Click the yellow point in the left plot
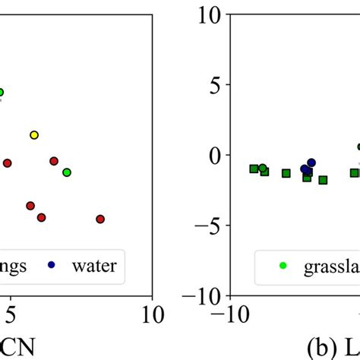point(34,134)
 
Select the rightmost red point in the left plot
point(100,219)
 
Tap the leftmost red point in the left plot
point(7,163)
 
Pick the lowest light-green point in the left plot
point(67,172)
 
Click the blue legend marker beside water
point(52,265)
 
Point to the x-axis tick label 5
point(10,314)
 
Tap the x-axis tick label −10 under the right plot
point(233,314)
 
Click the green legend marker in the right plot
point(283,265)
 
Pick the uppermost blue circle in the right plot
point(311,163)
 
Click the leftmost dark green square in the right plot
point(254,169)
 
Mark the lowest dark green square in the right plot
point(323,180)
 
